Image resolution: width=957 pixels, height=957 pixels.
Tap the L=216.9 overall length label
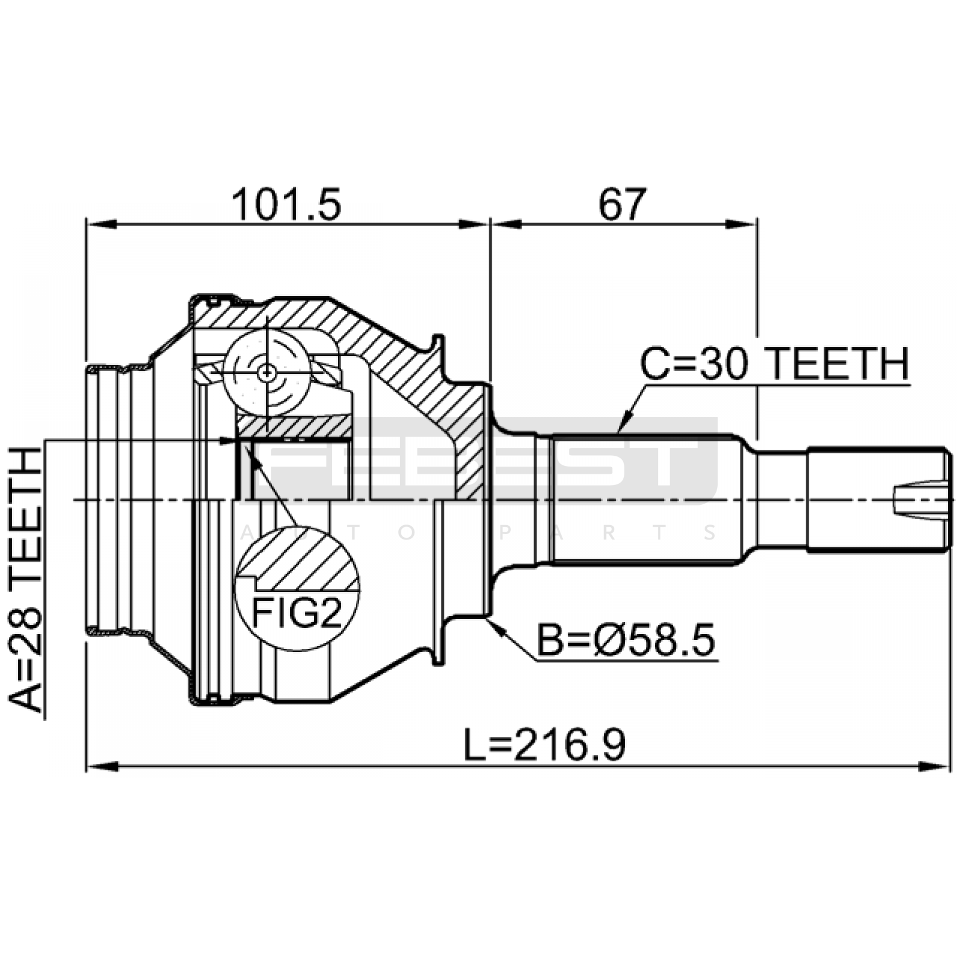point(545,745)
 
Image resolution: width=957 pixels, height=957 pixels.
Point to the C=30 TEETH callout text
point(775,364)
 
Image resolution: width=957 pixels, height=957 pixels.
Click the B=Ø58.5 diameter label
point(626,640)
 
